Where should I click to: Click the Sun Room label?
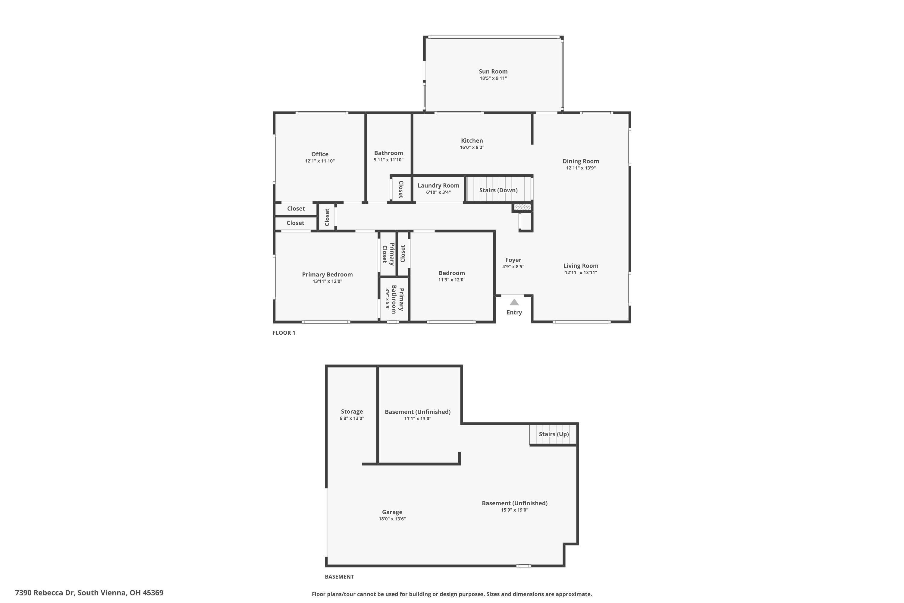pyautogui.click(x=493, y=71)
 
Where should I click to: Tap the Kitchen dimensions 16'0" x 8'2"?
pyautogui.click(x=472, y=148)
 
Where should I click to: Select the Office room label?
pyautogui.click(x=320, y=154)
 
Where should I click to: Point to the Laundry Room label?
pyautogui.click(x=438, y=186)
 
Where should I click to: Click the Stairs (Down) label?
pyautogui.click(x=498, y=190)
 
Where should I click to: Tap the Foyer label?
pyautogui.click(x=513, y=260)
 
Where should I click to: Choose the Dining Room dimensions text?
pyautogui.click(x=581, y=168)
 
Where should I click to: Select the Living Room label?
pyautogui.click(x=581, y=266)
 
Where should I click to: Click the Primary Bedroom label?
pyautogui.click(x=327, y=275)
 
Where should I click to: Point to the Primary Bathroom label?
pyautogui.click(x=397, y=300)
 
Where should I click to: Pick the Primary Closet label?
pyautogui.click(x=388, y=254)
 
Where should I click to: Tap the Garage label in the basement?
pyautogui.click(x=392, y=512)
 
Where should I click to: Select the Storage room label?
pyautogui.click(x=352, y=412)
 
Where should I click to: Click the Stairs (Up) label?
pyautogui.click(x=554, y=434)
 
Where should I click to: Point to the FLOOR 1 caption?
pyautogui.click(x=284, y=333)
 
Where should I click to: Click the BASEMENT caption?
pyautogui.click(x=339, y=576)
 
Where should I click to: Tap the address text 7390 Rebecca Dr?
pyautogui.click(x=89, y=593)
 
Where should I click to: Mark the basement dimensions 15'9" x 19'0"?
pyautogui.click(x=514, y=510)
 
